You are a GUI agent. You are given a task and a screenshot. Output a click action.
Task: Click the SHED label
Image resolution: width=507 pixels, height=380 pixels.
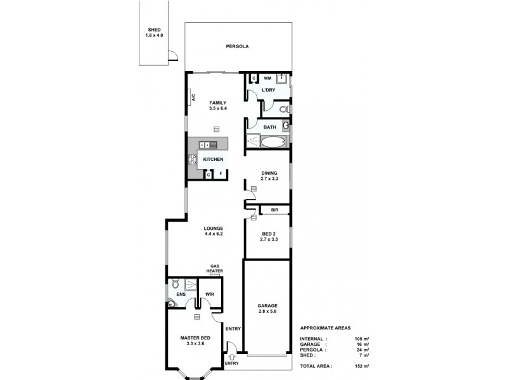pyautogui.click(x=155, y=30)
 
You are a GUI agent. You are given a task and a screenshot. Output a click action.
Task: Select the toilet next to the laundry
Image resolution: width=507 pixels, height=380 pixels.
pyautogui.click(x=286, y=110)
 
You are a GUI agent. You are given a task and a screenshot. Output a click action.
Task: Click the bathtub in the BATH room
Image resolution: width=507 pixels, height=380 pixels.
pyautogui.click(x=266, y=141)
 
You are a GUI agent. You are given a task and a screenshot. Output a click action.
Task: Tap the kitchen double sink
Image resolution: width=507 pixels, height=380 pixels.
pyautogui.click(x=209, y=145)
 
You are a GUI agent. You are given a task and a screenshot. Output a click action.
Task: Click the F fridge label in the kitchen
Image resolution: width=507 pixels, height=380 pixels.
pyautogui.click(x=221, y=174)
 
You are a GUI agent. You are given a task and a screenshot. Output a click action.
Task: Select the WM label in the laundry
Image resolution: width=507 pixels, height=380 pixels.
pyautogui.click(x=267, y=78)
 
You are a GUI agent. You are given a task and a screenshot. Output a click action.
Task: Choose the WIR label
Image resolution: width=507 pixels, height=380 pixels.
pyautogui.click(x=210, y=294)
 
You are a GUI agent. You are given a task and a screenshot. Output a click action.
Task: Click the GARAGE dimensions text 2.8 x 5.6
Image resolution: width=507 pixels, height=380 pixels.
pyautogui.click(x=268, y=312)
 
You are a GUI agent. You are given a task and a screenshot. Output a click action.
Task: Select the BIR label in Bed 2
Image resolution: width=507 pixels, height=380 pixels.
pyautogui.click(x=274, y=210)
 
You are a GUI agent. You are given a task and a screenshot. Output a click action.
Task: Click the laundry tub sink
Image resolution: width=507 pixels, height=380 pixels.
pyautogui.click(x=283, y=79)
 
